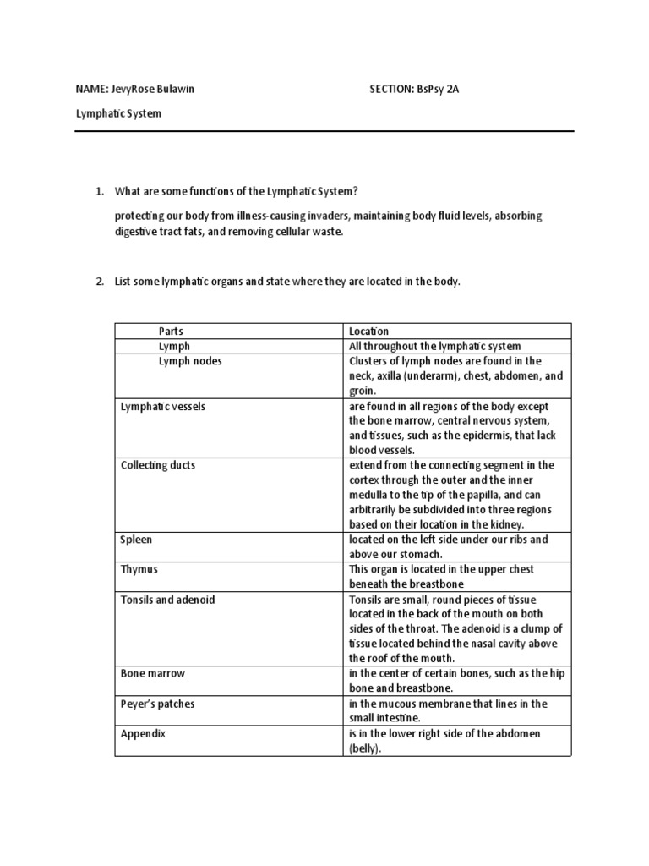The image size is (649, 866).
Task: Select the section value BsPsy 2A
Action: coord(431,89)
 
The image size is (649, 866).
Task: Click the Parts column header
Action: coord(171,332)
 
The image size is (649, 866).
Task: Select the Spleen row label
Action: coord(137,539)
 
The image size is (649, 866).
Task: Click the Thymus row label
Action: coord(139,569)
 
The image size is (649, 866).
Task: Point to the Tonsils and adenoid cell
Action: coord(168,600)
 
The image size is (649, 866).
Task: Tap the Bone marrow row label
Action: coord(153,673)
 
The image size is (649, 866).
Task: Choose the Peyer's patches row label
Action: coord(158,704)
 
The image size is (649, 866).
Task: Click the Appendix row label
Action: coord(144,734)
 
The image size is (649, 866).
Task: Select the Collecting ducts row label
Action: coord(158,465)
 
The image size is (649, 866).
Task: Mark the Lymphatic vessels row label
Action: coord(163,407)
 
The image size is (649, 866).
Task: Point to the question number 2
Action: coord(99,281)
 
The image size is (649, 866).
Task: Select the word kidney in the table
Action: coord(508,524)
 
